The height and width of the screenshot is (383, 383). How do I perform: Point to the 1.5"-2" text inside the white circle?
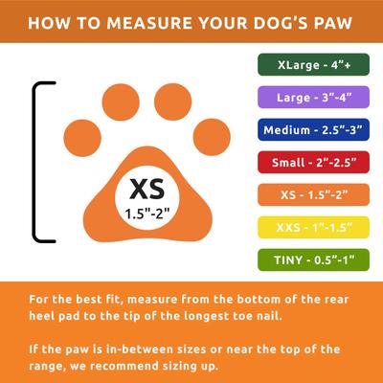(142, 214)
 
